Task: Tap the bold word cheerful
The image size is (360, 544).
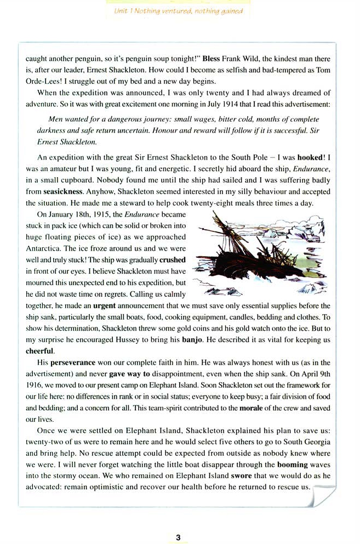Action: coord(41,351)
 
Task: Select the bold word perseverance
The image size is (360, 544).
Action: coord(73,363)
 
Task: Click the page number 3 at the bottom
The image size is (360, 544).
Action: coord(178,537)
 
